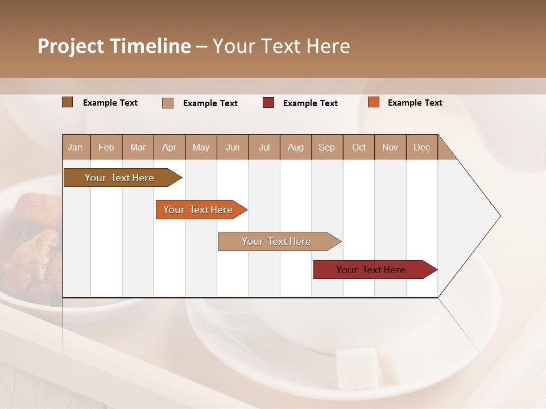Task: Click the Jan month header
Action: (76, 147)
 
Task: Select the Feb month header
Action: (106, 147)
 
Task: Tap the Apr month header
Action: (169, 147)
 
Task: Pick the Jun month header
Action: (233, 147)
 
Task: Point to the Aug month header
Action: (296, 147)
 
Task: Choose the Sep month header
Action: (327, 147)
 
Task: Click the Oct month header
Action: (359, 147)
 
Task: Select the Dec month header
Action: (422, 147)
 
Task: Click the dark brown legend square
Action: (68, 102)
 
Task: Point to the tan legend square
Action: (168, 103)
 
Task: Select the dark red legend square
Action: (268, 103)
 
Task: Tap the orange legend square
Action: (374, 102)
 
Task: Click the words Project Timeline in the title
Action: (114, 46)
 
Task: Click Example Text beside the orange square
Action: (415, 103)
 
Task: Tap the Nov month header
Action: (390, 147)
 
